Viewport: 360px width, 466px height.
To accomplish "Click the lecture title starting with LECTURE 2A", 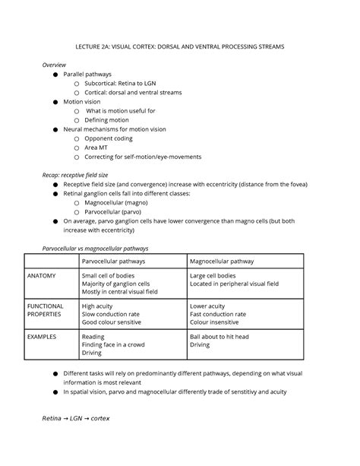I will pos(180,47).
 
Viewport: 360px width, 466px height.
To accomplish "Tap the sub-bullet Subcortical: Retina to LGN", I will pos(125,83).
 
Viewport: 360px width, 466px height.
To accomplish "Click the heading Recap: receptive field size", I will pos(85,175).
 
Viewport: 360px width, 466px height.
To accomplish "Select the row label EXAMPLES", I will pos(45,335).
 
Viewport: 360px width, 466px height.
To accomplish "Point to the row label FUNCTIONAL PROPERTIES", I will pos(49,309).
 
